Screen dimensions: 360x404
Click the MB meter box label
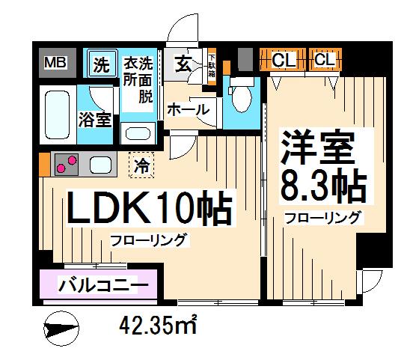[54, 64]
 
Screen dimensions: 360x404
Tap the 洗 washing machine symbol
[101, 64]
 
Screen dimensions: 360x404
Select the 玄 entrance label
[183, 64]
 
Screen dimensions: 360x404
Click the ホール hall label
[188, 110]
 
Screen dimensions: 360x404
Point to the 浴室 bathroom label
[96, 118]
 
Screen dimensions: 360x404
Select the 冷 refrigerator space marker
[141, 165]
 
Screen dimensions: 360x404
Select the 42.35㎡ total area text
[158, 326]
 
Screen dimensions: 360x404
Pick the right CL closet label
[325, 59]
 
